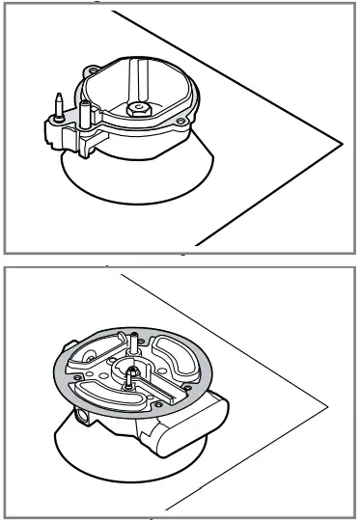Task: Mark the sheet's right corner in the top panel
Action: point(344,143)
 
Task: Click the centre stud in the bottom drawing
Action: point(127,375)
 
